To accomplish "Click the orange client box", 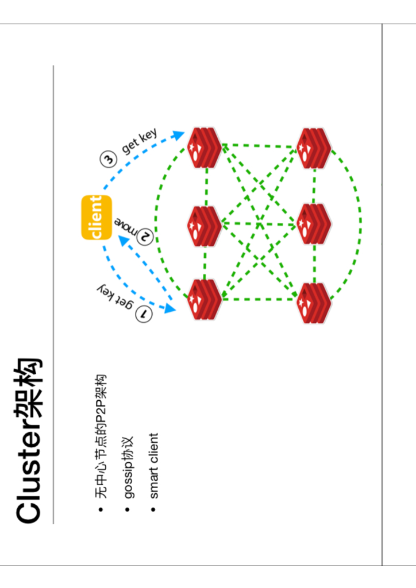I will pos(97,218).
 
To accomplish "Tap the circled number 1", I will pos(144,314).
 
